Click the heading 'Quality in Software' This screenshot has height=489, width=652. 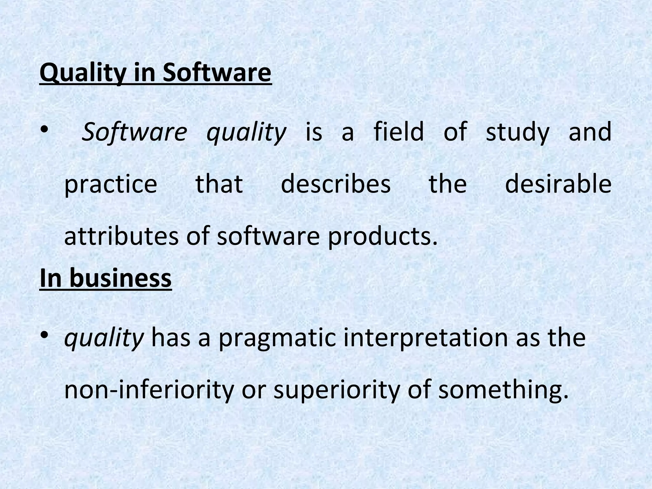pyautogui.click(x=155, y=73)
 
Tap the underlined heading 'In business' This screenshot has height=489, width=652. pyautogui.click(x=106, y=278)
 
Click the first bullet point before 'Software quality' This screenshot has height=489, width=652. pyautogui.click(x=44, y=129)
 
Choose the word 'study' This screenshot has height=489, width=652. pyautogui.click(x=518, y=133)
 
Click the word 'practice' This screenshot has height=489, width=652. pyautogui.click(x=111, y=185)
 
